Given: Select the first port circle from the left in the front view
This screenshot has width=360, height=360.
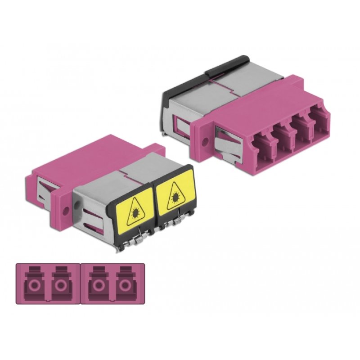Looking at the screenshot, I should (34, 287).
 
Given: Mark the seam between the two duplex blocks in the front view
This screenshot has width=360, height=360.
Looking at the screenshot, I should (80, 283).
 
